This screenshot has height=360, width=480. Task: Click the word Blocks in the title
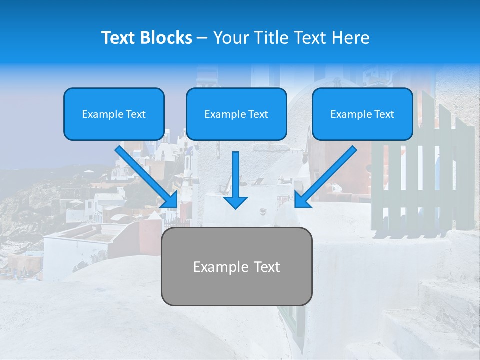tap(165, 38)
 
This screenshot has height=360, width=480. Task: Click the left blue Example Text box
tap(114, 114)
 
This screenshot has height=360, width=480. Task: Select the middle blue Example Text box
tap(236, 114)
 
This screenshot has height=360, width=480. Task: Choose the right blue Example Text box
tap(362, 114)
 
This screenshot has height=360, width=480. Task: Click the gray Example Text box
tap(236, 267)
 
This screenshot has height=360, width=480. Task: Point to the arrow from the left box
tap(145, 175)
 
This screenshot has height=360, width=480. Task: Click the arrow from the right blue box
tap(327, 175)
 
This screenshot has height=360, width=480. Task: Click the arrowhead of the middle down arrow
tap(236, 202)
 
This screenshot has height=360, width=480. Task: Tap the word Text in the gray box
tap(266, 267)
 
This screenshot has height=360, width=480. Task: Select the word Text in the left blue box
tap(136, 114)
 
